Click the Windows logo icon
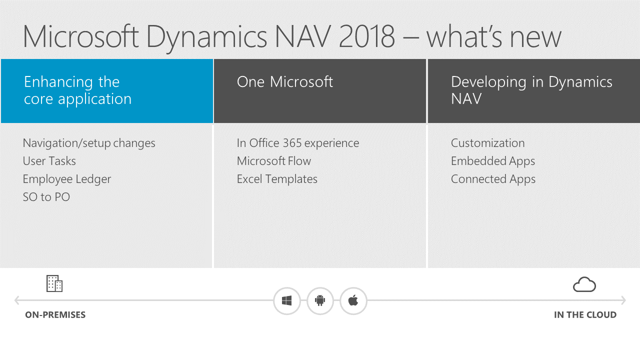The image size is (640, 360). point(286,301)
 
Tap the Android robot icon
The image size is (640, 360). point(320,301)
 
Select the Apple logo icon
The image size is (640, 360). point(353,301)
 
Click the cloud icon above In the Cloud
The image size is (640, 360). point(584,284)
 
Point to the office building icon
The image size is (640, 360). point(54,283)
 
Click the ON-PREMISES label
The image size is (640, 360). point(55,315)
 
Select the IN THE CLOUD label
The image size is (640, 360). point(585,315)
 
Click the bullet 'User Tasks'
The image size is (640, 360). point(49,161)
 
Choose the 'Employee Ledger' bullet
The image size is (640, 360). point(67,179)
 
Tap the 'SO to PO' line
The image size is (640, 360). point(46,197)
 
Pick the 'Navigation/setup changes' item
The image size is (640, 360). point(89,143)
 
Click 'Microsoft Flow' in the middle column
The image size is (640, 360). point(274,161)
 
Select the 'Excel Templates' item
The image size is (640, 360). point(277,179)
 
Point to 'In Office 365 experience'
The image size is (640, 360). point(298,143)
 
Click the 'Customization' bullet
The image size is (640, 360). point(487,143)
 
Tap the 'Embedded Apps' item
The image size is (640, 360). point(493,161)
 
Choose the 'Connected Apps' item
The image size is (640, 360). point(493,179)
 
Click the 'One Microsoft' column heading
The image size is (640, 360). point(285,82)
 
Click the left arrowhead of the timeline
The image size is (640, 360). point(17,300)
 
